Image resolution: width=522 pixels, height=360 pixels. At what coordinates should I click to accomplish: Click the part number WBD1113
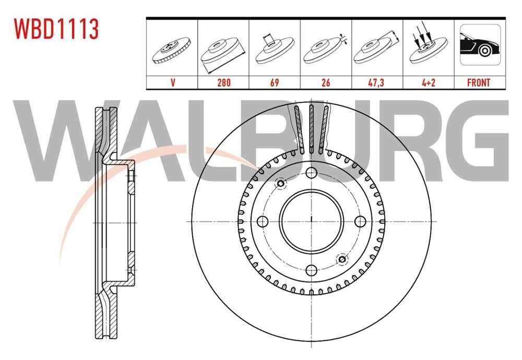tap(56, 29)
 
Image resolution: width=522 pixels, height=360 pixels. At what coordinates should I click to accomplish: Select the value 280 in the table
tap(224, 82)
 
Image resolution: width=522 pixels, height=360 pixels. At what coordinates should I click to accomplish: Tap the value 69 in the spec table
tap(275, 82)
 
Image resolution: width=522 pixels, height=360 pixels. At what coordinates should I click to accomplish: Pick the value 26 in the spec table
tap(326, 82)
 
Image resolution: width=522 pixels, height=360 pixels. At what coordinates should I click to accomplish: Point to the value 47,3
tap(376, 82)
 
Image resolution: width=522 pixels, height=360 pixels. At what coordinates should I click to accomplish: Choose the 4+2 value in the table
tap(429, 82)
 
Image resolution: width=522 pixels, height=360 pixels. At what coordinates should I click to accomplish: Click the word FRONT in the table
tap(479, 82)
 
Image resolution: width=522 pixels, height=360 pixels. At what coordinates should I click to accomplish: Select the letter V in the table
tap(172, 82)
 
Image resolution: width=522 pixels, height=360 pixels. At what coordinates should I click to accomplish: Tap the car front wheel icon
tap(480, 44)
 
